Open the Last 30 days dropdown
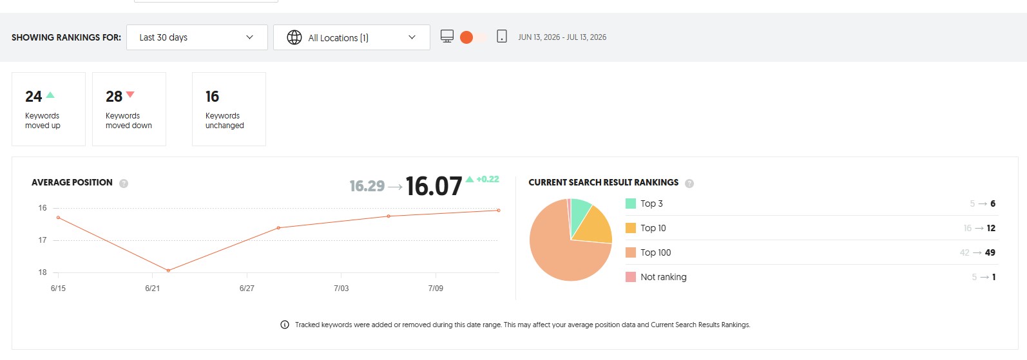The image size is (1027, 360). [197, 37]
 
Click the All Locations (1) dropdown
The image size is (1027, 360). [352, 37]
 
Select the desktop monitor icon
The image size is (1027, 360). [447, 36]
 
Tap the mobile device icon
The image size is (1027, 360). [502, 36]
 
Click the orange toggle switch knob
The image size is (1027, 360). [466, 37]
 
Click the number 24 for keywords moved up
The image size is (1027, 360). [34, 97]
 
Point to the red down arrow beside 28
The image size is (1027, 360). [130, 95]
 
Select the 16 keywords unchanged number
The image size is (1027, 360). [212, 97]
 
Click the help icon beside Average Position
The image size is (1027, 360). [124, 183]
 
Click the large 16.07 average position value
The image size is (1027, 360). [434, 186]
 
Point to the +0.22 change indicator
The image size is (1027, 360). [487, 179]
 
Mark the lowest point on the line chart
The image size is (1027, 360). [168, 270]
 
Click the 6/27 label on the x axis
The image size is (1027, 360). [247, 288]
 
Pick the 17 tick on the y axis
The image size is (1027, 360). [42, 240]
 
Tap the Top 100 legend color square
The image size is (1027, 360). [631, 252]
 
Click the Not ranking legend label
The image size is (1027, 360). [664, 277]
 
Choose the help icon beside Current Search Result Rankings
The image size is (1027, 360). [689, 183]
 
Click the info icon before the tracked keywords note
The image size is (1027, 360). [285, 325]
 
